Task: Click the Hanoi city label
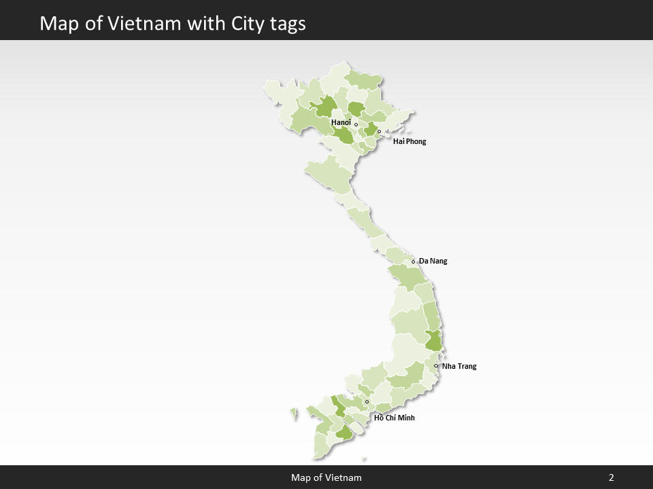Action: [341, 122]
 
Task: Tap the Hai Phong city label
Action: [409, 141]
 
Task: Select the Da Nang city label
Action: [433, 261]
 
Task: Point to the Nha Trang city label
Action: [459, 366]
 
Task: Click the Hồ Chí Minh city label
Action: [395, 418]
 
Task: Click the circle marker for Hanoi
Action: [356, 124]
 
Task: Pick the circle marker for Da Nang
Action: [413, 261]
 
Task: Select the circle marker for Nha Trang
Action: [436, 366]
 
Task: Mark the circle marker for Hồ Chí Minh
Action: [367, 401]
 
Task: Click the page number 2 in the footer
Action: [612, 477]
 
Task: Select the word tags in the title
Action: [284, 24]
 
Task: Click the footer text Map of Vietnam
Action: [326, 477]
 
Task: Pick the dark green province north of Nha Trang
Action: [433, 340]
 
